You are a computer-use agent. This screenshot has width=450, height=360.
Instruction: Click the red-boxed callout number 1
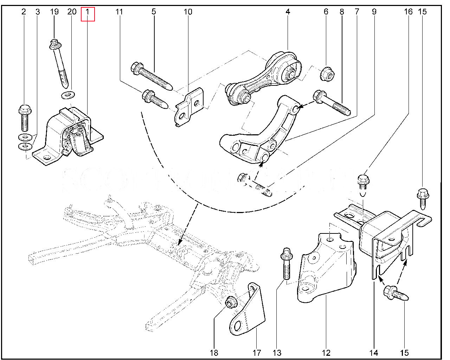pos(88,12)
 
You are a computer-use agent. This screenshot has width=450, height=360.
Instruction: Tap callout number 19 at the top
pos(54,12)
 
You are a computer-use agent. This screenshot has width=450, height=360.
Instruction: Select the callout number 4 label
pos(288,12)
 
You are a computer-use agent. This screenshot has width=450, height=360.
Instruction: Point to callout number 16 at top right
pos(408,12)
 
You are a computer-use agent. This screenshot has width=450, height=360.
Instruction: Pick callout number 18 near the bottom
pos(214,353)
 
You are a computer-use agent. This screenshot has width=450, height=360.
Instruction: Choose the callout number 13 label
pos(277,353)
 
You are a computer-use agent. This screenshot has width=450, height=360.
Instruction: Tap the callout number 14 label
pos(374,353)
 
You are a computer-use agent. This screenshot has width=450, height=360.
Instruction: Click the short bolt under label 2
pos(24,117)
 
